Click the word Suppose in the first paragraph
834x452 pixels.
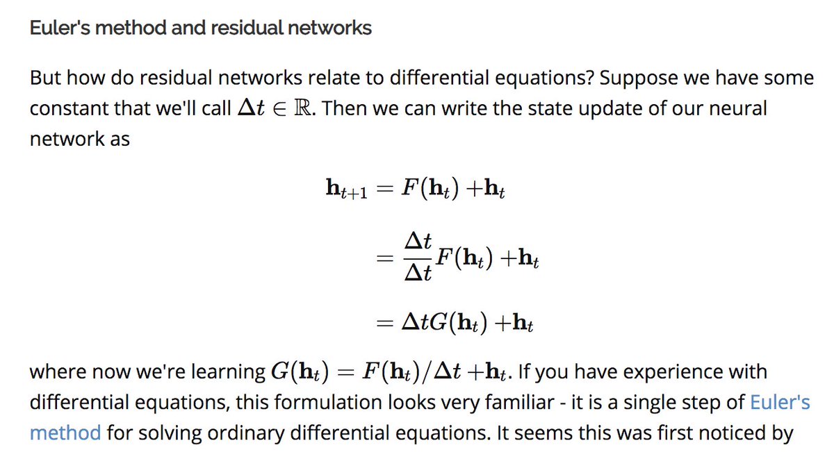(635, 78)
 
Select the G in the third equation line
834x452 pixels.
(440, 324)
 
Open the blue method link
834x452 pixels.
(65, 433)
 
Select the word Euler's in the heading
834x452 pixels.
(66, 28)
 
